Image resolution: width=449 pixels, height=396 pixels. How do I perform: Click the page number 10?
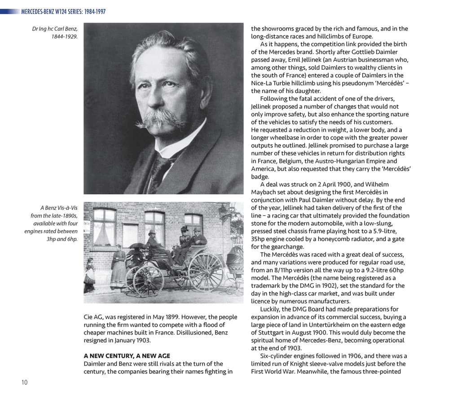coord(24,382)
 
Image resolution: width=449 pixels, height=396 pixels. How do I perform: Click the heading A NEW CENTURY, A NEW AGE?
coord(127,356)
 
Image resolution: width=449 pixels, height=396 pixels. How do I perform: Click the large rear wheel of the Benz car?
coord(205,271)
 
